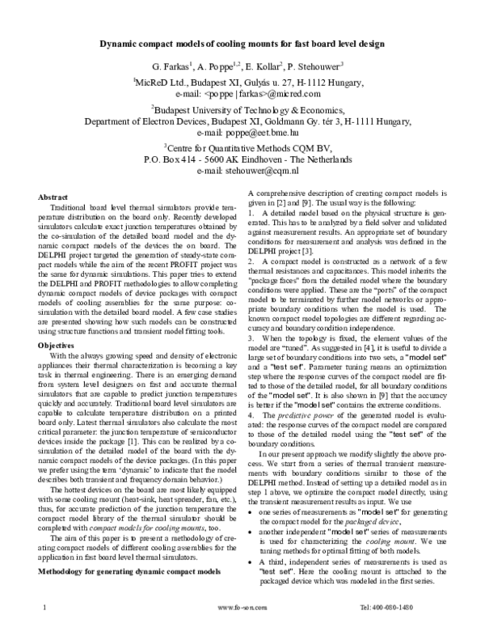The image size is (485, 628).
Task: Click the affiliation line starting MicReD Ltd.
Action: coord(242,82)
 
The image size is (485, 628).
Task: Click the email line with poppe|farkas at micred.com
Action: coord(242,94)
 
